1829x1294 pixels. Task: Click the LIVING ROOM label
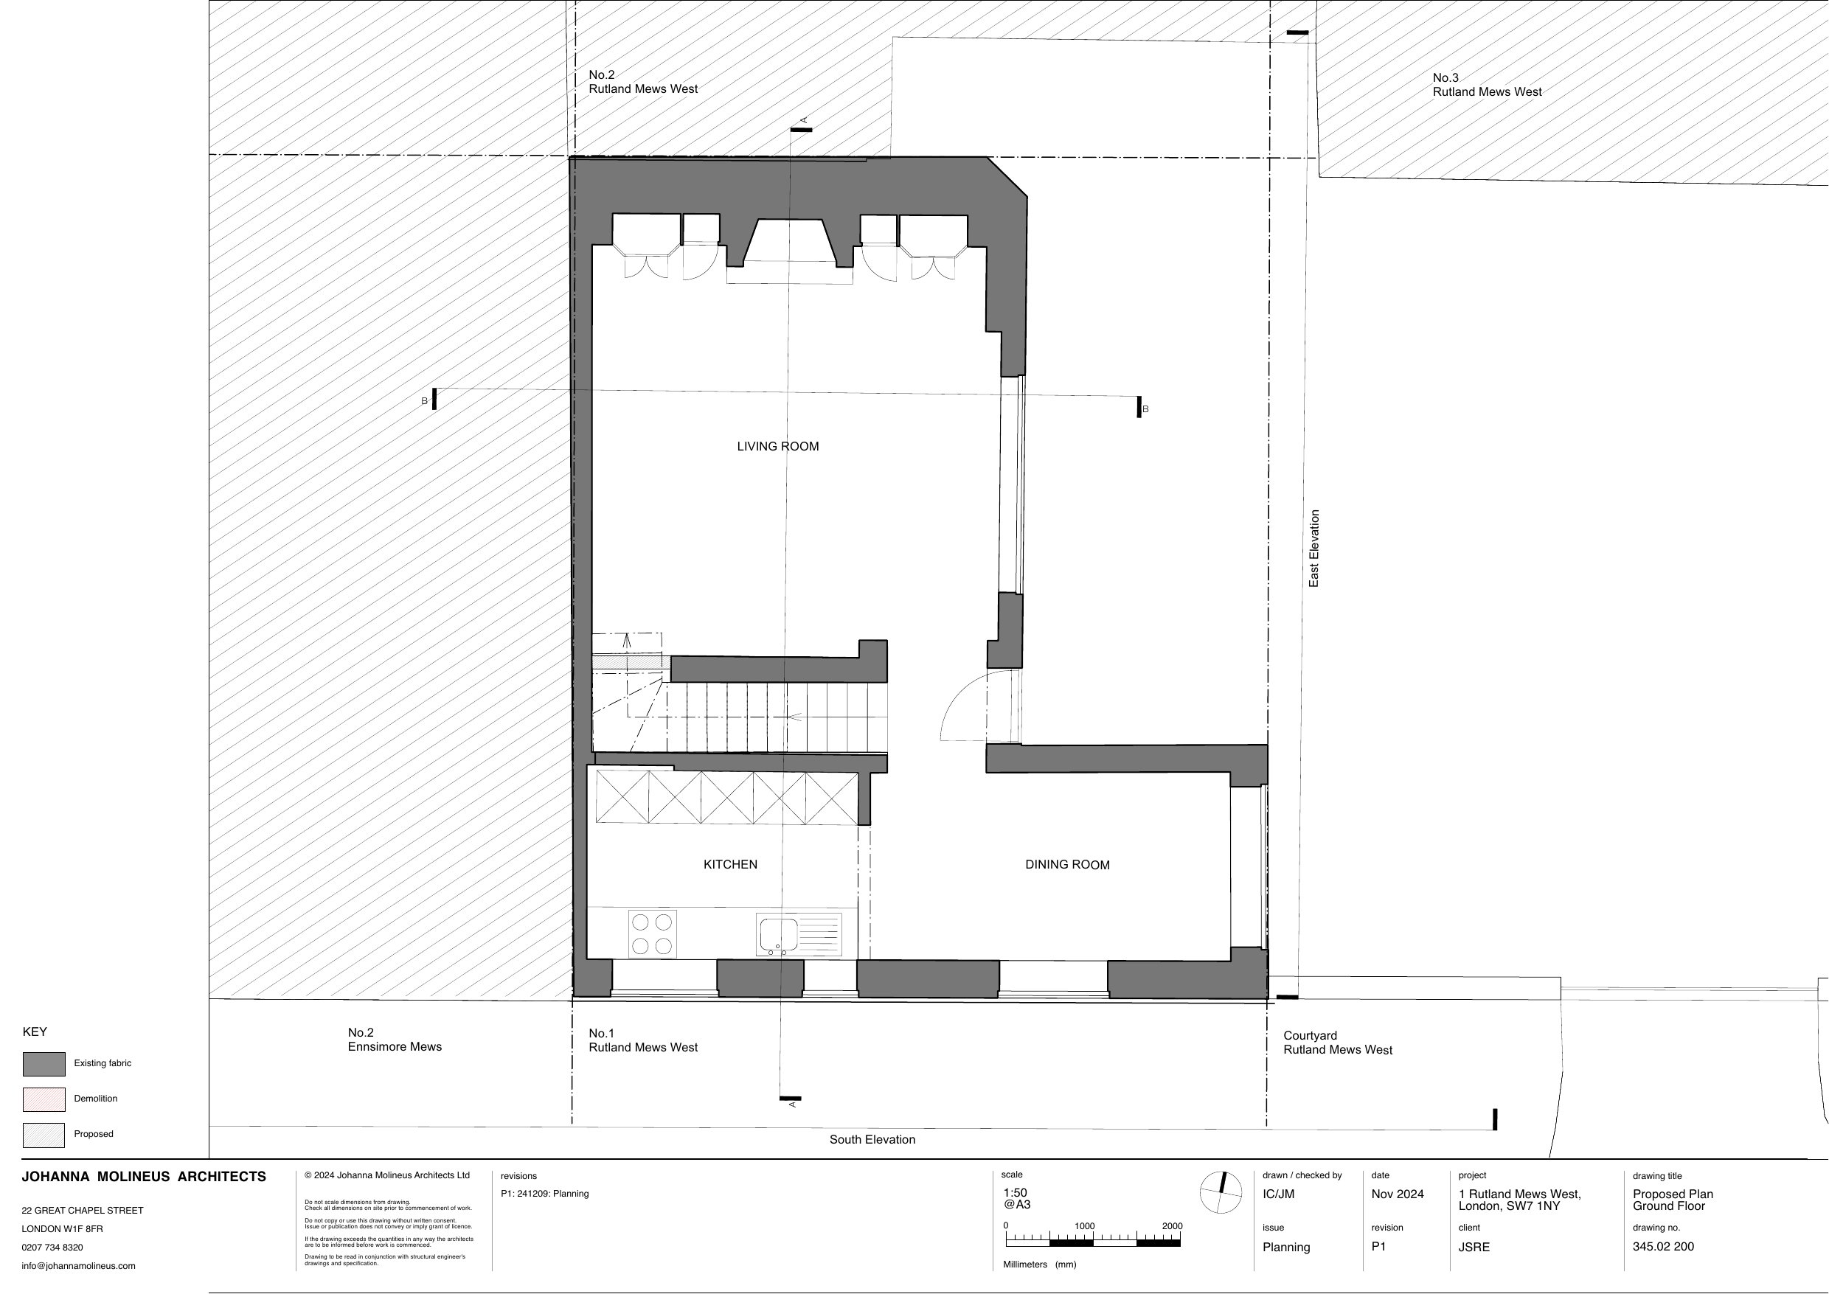click(778, 446)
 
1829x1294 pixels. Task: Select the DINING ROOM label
click(1067, 866)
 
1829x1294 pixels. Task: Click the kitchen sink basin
click(779, 935)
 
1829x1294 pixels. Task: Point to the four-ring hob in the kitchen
click(652, 934)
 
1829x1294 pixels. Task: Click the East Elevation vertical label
click(1314, 549)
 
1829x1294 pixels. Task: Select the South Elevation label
click(872, 1139)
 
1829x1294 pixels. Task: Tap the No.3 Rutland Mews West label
click(1487, 85)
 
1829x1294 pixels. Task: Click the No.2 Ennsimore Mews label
click(395, 1040)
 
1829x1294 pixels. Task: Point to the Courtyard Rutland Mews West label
click(1338, 1043)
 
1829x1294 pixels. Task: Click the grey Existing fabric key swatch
click(44, 1064)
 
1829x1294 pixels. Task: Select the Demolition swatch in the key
click(44, 1099)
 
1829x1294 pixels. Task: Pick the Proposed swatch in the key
click(44, 1135)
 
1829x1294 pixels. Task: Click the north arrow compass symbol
click(1221, 1193)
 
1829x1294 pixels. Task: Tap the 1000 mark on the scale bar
click(1085, 1226)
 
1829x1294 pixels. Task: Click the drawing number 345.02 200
click(1663, 1246)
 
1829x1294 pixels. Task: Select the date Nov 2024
click(1397, 1194)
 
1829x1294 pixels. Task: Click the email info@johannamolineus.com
click(78, 1265)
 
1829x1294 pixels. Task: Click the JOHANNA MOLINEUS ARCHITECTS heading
click(144, 1177)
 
